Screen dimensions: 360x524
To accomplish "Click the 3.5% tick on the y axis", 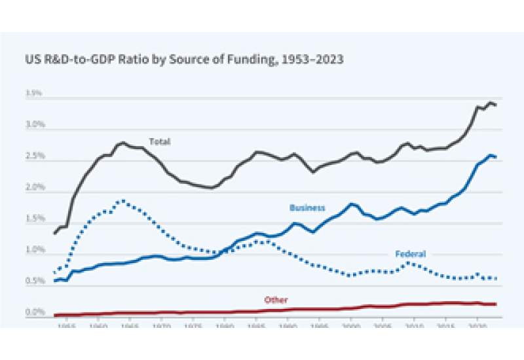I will (33, 94).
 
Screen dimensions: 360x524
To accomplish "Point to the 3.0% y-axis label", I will (33, 125).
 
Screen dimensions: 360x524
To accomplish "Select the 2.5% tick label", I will (33, 156).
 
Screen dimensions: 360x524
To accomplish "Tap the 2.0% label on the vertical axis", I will (33, 188).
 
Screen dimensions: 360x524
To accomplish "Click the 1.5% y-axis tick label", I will (33, 219).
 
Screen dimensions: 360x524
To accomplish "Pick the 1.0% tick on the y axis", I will (33, 250).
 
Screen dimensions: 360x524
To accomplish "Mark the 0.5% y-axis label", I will (33, 281).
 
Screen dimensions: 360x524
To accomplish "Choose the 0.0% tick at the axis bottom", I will (33, 312).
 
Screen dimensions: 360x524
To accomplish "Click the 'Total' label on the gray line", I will (159, 141).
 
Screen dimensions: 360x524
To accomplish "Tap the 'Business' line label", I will (307, 208).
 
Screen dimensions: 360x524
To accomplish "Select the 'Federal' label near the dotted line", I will (411, 254).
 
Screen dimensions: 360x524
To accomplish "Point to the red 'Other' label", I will (276, 300).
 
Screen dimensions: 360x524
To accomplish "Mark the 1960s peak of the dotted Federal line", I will (121, 201).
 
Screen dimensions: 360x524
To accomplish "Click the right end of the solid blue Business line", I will (496, 156).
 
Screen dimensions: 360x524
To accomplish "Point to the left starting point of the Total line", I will (54, 233).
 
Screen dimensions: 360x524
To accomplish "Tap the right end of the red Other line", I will (496, 304).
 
